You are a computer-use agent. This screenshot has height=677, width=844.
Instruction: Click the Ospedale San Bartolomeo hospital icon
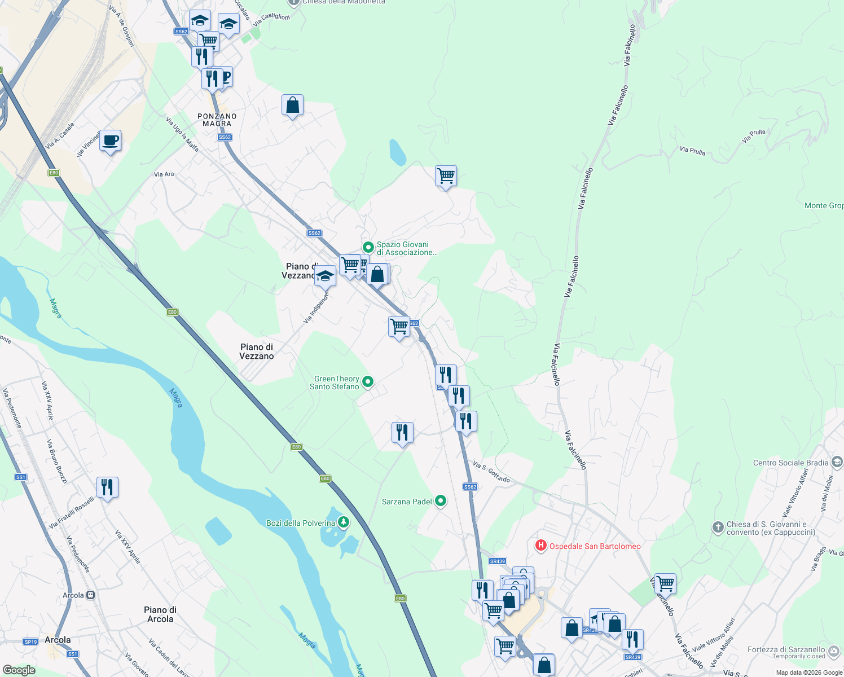pyautogui.click(x=540, y=546)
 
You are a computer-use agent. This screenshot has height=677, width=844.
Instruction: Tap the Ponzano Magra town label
pyautogui.click(x=217, y=120)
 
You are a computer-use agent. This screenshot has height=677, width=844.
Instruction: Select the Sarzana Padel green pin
pyautogui.click(x=441, y=501)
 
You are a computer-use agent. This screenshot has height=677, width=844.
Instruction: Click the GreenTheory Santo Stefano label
pyautogui.click(x=336, y=383)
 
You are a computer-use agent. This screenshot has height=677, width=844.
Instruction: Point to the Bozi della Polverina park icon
pyautogui.click(x=343, y=522)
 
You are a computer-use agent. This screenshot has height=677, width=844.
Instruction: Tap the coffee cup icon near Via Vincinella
pyautogui.click(x=111, y=140)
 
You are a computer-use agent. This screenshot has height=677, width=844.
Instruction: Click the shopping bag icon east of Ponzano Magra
pyautogui.click(x=292, y=105)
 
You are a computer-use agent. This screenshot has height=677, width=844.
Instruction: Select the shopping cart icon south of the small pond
pyautogui.click(x=446, y=176)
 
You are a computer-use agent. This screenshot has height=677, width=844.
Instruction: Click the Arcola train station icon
pyautogui.click(x=90, y=595)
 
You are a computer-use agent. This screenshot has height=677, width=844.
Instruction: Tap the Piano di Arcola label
pyautogui.click(x=160, y=614)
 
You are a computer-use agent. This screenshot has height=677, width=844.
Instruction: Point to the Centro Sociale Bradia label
pyautogui.click(x=790, y=463)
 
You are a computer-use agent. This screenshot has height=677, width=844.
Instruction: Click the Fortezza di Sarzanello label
pyautogui.click(x=786, y=649)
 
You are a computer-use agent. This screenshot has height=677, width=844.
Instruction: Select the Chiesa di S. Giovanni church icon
pyautogui.click(x=718, y=527)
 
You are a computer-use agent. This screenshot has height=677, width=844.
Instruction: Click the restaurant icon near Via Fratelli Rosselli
pyautogui.click(x=107, y=486)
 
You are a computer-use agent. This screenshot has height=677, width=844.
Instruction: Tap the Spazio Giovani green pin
pyautogui.click(x=368, y=247)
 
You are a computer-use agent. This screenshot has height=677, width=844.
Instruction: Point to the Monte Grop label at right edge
pyautogui.click(x=823, y=205)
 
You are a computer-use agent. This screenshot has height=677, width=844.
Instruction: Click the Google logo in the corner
pyautogui.click(x=19, y=670)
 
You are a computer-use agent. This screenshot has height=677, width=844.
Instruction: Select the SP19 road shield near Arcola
pyautogui.click(x=30, y=641)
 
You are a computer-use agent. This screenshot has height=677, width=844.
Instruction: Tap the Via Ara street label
pyautogui.click(x=164, y=174)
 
